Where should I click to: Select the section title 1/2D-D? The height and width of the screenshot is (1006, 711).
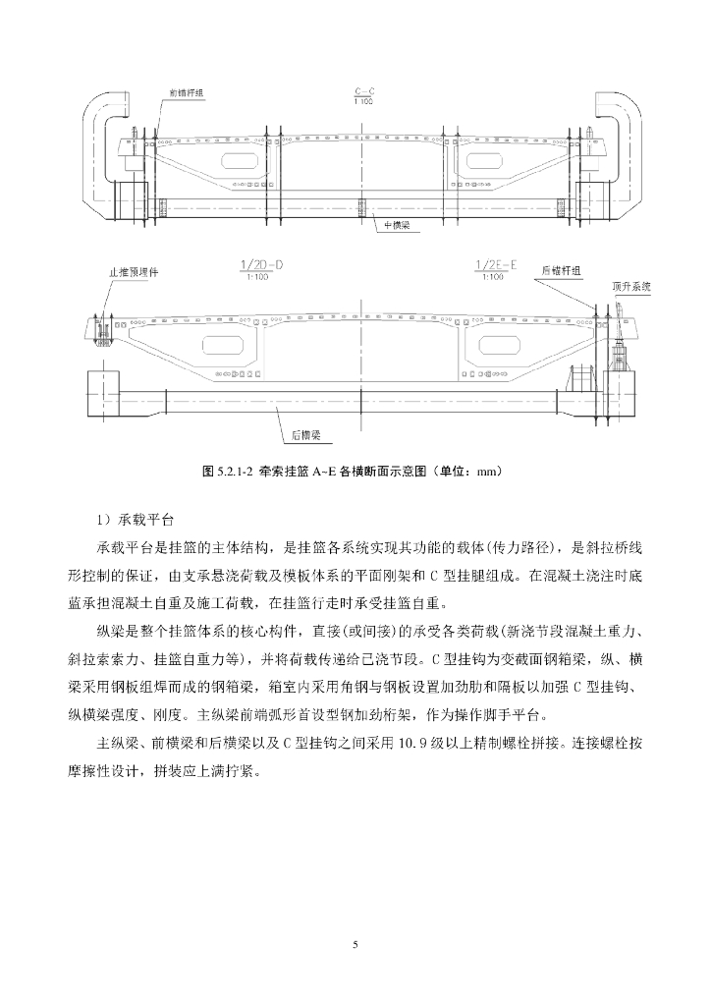pyautogui.click(x=260, y=266)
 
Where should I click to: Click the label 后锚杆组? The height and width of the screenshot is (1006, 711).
pyautogui.click(x=561, y=269)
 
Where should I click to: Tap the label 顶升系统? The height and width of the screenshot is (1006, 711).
pyautogui.click(x=631, y=286)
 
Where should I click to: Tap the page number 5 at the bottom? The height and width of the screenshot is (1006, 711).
pyautogui.click(x=355, y=945)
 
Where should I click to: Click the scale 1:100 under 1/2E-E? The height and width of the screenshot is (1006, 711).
pyautogui.click(x=491, y=278)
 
